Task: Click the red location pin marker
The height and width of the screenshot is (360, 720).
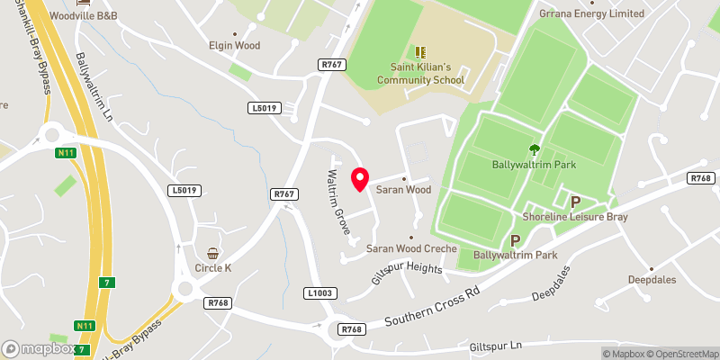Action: pos(360,179)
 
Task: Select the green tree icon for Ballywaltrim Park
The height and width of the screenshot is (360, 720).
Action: pos(535,150)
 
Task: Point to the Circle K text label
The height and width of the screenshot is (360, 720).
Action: pos(213,267)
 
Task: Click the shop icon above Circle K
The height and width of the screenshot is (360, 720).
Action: pos(213,253)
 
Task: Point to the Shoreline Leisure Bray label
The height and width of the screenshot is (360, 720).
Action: pos(575,217)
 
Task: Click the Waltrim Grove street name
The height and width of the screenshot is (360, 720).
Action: pos(338,202)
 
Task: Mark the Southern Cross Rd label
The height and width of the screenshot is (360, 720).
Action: pos(434,308)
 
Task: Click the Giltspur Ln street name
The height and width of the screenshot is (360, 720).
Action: pos(496,346)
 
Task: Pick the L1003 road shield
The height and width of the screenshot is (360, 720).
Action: pos(319,292)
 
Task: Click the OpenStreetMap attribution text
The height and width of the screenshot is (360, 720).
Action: pos(682,354)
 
